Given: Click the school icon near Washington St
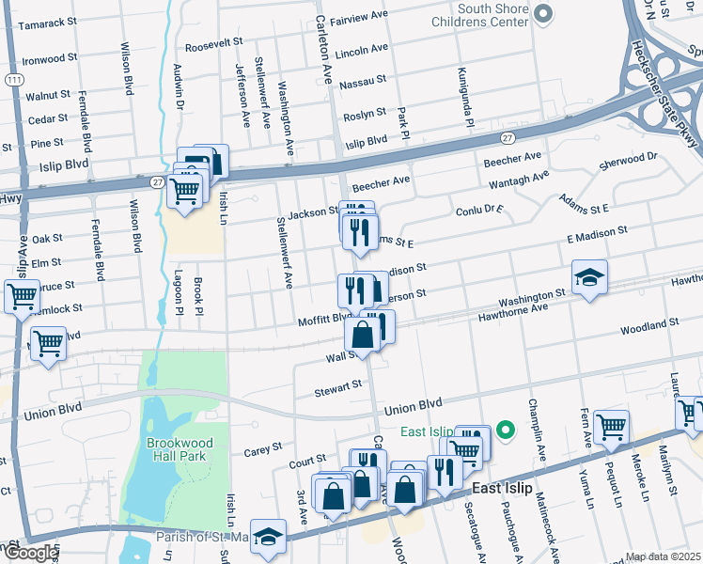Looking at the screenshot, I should coord(589,277).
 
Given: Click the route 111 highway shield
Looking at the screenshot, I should coord(14,81).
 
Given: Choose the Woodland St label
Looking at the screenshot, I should coord(649,326).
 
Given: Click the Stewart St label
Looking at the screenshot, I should coord(338,386).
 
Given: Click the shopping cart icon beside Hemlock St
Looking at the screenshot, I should coord(22,299).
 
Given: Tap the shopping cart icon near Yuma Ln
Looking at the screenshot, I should coord(612,427).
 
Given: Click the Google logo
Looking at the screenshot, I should coord(30,553).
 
